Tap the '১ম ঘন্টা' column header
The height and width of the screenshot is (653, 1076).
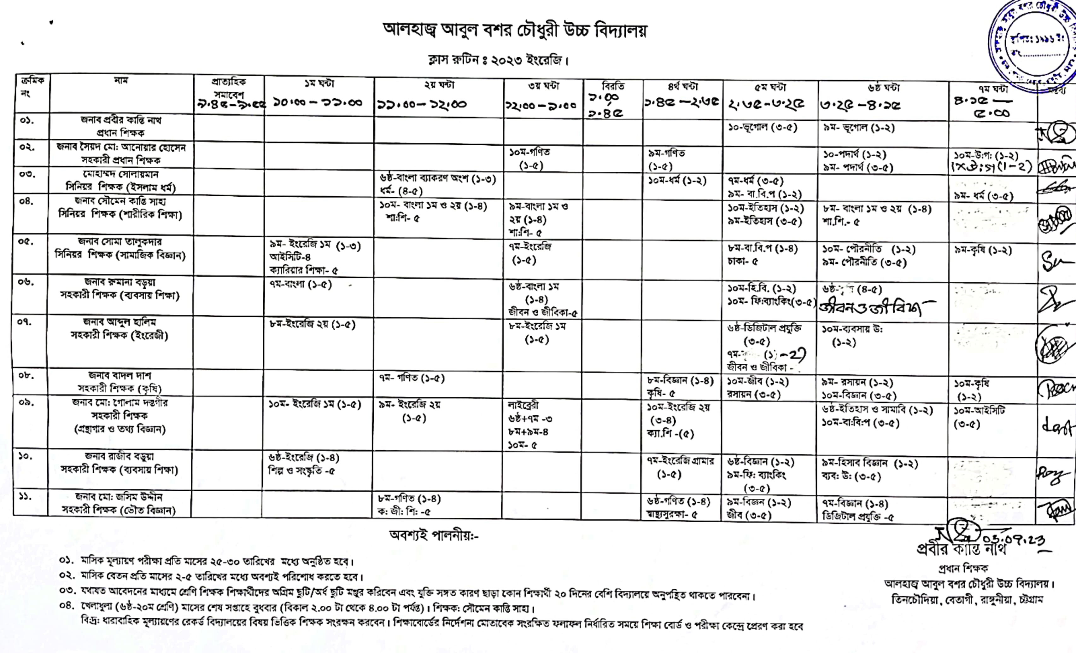pos(319,84)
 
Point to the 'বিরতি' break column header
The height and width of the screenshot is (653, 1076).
pos(613,86)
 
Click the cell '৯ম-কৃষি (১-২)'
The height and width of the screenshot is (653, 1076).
pos(983,251)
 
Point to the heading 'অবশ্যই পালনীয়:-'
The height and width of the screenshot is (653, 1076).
pos(434,535)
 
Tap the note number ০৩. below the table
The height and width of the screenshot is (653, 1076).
pos(68,591)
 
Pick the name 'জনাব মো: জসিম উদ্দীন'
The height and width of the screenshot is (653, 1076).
pos(118,497)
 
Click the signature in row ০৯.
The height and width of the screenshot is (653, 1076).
pos(1056,425)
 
